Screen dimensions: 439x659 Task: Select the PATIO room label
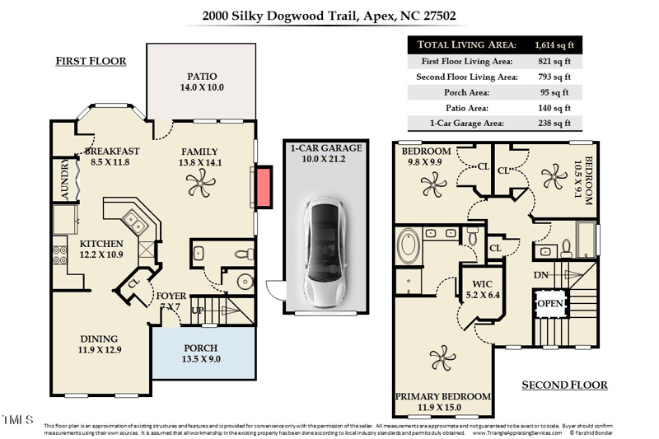click(x=201, y=81)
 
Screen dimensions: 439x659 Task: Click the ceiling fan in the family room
click(x=200, y=188)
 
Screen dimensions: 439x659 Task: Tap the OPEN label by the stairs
click(x=549, y=303)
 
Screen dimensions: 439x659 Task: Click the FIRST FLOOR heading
click(x=91, y=62)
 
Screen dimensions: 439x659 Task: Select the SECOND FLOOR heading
click(x=565, y=385)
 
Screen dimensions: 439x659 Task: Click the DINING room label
click(x=99, y=339)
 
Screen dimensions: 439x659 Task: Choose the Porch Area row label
click(x=466, y=92)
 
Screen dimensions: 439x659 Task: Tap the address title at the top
click(x=329, y=15)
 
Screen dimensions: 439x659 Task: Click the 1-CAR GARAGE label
click(x=325, y=148)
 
